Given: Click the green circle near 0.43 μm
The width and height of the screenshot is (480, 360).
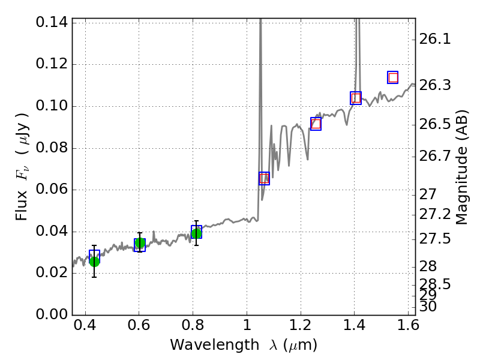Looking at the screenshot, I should coord(94,261).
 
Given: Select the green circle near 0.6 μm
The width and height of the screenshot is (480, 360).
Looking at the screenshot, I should coord(140,243).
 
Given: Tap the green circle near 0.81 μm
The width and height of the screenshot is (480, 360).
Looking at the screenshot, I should coord(196,233).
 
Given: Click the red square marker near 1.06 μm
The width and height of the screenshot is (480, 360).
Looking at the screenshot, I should coord(264,178).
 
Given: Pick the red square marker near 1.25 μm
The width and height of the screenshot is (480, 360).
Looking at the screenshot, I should coord(316,124).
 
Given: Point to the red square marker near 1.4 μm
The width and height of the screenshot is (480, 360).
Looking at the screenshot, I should coord(356,98).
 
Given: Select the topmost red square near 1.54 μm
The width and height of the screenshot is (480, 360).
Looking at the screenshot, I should coord(393,77).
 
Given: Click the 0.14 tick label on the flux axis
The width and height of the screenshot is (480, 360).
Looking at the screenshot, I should coord(52,23).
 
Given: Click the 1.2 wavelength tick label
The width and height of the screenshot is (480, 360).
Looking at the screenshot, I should coord(300,328).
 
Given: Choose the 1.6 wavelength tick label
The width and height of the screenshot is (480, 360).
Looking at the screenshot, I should coord(407,328).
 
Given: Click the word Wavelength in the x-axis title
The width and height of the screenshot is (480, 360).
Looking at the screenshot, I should coord(205,345).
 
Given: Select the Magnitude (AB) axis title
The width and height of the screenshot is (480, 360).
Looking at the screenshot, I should coord(461,167).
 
